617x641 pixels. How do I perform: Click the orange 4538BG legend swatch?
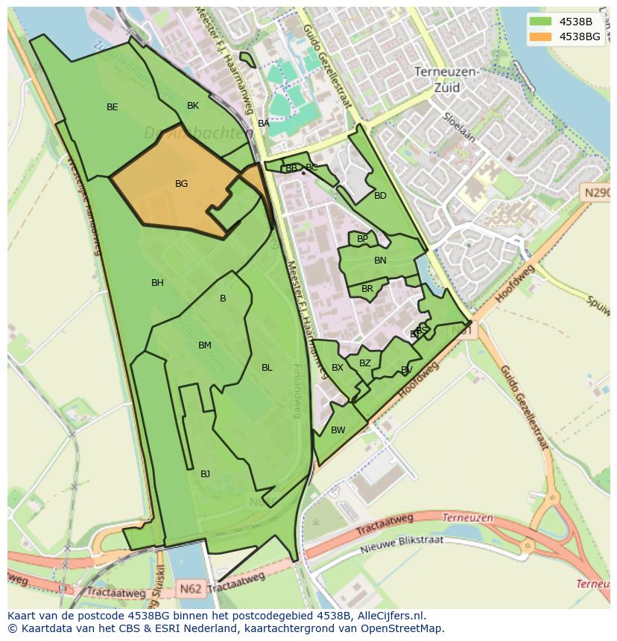(x=541, y=36)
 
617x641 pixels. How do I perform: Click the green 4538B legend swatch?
(x=541, y=22)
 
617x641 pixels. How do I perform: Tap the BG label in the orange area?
(x=181, y=184)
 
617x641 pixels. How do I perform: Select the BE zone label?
(x=112, y=107)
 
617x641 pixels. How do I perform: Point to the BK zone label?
(x=193, y=106)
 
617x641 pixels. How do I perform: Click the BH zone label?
(x=157, y=283)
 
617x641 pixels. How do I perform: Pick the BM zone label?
(x=205, y=345)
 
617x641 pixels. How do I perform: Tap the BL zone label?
(x=267, y=368)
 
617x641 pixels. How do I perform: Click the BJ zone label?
(x=205, y=474)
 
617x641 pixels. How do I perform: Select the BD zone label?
(x=380, y=196)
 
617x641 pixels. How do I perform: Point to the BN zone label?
(x=380, y=261)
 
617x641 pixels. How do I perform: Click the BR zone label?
(x=367, y=289)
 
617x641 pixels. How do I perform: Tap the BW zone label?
(x=338, y=430)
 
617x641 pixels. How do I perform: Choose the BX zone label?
(x=338, y=368)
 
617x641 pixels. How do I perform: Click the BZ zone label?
(x=364, y=363)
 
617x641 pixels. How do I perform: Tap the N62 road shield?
(x=191, y=588)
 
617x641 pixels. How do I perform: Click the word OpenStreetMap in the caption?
(x=399, y=628)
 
